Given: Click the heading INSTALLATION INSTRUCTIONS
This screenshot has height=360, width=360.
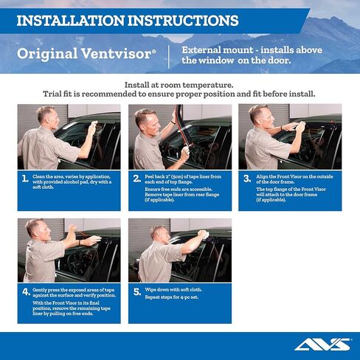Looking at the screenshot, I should point(127,20).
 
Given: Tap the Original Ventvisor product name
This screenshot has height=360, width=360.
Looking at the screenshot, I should point(86,54).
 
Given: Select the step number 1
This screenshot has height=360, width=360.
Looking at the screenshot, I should point(25,178).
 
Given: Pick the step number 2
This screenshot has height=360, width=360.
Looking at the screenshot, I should point(136,178).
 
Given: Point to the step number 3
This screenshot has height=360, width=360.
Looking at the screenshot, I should point(246,178).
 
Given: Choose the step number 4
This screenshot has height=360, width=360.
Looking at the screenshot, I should point(25,291).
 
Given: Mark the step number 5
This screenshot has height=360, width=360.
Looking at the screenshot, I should point(136,291).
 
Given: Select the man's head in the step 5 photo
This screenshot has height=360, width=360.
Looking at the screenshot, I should point(159,233).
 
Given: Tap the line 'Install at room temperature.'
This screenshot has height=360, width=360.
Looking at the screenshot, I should point(179,84).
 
